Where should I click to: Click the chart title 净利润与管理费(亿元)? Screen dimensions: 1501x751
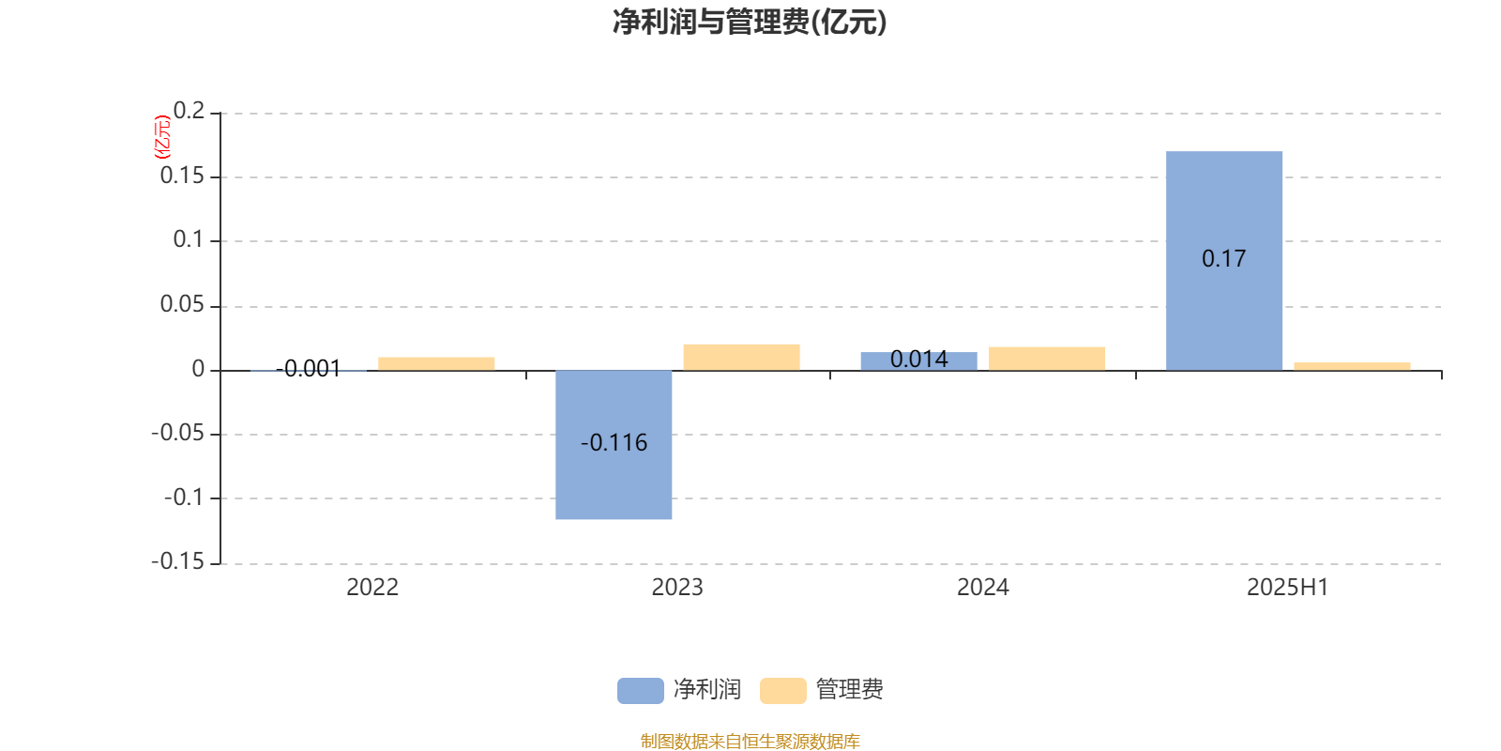click(x=750, y=23)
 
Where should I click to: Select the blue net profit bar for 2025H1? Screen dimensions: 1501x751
click(x=1224, y=261)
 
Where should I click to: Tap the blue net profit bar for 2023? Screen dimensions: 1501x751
click(x=614, y=445)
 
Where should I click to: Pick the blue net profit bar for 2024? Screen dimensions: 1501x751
click(x=918, y=361)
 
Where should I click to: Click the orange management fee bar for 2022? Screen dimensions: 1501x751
click(x=436, y=364)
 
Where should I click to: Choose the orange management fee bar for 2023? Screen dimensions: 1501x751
click(x=742, y=358)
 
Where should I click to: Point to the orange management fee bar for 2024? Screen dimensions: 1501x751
click(x=1047, y=359)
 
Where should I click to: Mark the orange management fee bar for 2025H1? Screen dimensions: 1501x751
click(x=1352, y=367)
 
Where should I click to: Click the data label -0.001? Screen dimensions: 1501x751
click(x=309, y=369)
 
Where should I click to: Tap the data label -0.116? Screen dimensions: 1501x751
click(x=614, y=442)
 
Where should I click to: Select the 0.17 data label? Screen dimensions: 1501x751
click(x=1223, y=259)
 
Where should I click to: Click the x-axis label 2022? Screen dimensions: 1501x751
click(x=372, y=588)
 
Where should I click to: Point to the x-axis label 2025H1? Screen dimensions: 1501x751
click(x=1287, y=588)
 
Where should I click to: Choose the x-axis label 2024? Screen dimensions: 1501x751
click(x=983, y=588)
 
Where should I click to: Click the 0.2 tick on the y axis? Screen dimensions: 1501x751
click(x=189, y=111)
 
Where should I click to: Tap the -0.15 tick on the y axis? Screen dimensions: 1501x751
click(x=178, y=561)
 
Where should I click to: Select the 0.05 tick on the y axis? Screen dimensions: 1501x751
click(x=182, y=304)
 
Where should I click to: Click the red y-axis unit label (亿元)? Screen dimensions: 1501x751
click(x=162, y=137)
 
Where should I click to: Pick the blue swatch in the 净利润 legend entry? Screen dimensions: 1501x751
click(x=640, y=691)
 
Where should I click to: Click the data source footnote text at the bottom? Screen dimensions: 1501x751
click(x=750, y=741)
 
